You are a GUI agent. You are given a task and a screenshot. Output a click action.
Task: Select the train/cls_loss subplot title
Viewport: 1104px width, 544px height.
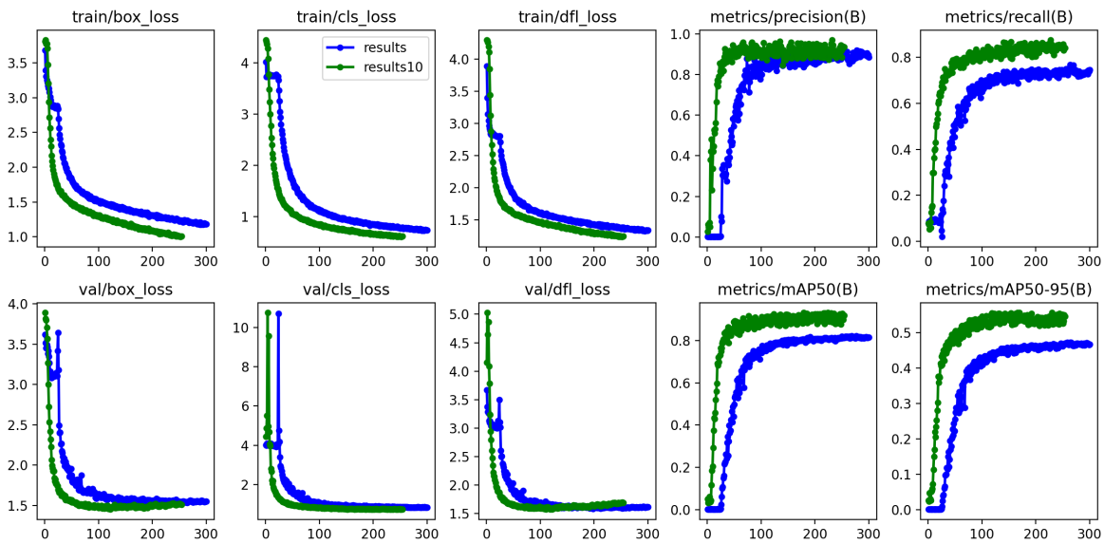pyautogui.click(x=346, y=17)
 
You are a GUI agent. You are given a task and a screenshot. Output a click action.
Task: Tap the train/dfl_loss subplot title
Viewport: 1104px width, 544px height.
pyautogui.click(x=567, y=17)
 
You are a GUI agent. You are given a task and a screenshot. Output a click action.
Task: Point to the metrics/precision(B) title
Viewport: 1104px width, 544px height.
pyautogui.click(x=787, y=17)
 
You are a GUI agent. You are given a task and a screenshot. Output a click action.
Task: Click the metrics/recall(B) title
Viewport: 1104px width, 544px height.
pyautogui.click(x=1008, y=17)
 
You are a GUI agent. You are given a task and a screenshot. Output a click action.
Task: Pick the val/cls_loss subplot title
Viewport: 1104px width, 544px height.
pyautogui.click(x=346, y=290)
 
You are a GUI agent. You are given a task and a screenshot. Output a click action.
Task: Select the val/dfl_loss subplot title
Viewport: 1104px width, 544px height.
pyautogui.click(x=567, y=290)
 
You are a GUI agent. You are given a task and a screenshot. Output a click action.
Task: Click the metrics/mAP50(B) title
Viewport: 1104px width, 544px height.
pyautogui.click(x=787, y=290)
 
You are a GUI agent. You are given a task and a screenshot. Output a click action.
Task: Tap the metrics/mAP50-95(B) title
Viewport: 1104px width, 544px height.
pyautogui.click(x=1008, y=290)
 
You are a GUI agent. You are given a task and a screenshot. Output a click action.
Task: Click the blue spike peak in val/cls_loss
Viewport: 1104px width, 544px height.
pyautogui.click(x=278, y=313)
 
